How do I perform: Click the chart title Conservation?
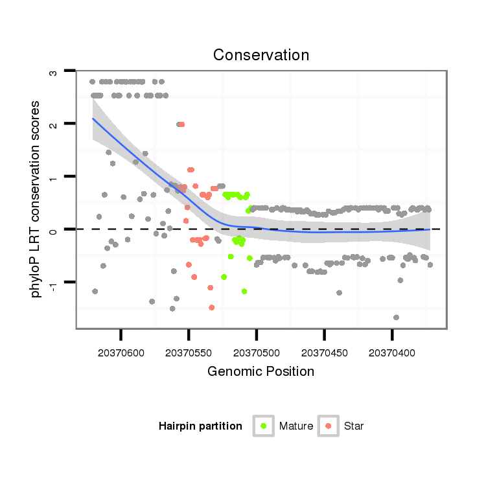260,54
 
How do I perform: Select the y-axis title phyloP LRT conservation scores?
37,199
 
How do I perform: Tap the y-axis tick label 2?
53,124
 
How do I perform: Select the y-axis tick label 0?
53,229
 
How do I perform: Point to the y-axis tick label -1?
53,283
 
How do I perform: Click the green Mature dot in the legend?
263,426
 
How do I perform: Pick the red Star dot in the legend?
329,426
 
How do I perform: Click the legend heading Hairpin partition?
200,426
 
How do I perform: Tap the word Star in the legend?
354,426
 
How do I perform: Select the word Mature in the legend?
296,426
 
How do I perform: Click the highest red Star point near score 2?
182,124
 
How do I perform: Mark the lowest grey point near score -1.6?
396,318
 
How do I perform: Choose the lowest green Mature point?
244,292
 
